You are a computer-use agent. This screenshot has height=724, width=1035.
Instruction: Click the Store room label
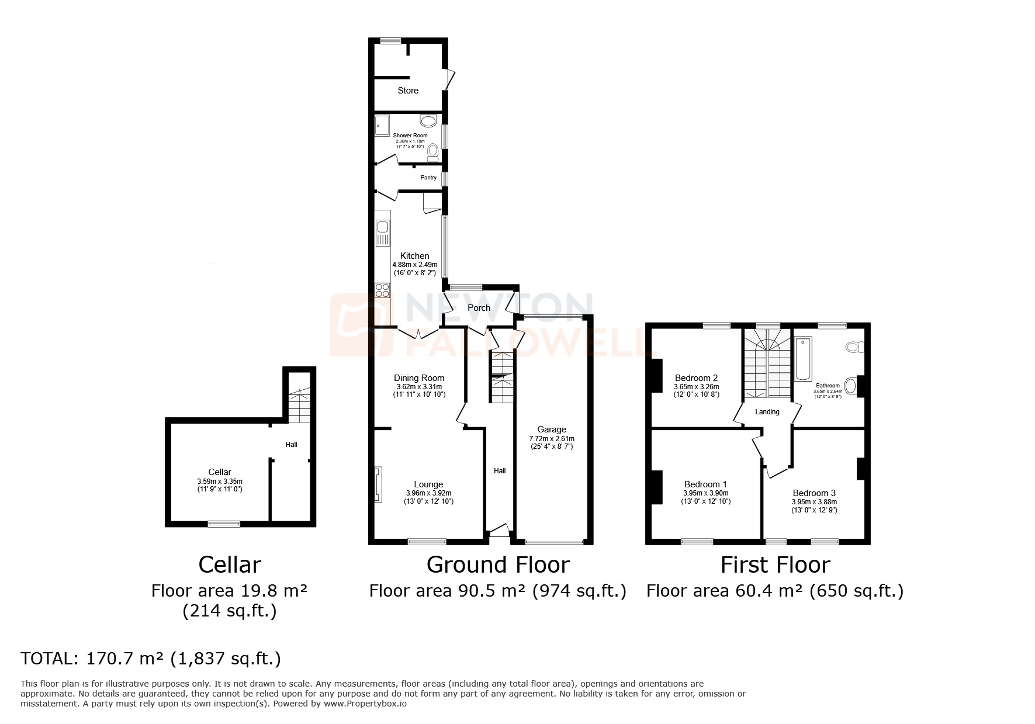[x=408, y=91]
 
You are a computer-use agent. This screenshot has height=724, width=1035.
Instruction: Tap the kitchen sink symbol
[x=383, y=233]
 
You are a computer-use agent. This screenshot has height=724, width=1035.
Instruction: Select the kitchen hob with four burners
[x=382, y=290]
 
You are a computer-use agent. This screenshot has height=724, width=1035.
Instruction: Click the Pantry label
[x=428, y=178]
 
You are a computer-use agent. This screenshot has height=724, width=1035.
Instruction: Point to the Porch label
[x=479, y=308]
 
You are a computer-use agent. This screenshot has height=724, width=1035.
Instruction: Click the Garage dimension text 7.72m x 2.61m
[x=552, y=439]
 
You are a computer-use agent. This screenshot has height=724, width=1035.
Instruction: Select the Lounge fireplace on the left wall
[x=378, y=484]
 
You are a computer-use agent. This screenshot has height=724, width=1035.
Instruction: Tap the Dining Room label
[x=419, y=378]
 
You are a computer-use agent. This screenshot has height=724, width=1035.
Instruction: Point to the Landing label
[x=767, y=412]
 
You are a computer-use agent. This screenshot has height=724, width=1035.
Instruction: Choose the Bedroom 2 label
[x=696, y=378]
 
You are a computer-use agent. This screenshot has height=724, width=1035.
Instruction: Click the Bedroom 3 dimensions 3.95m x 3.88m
[x=814, y=502]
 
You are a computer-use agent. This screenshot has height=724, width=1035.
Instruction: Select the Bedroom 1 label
[x=705, y=484]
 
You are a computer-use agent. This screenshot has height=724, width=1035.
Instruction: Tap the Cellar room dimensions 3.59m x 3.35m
[x=220, y=481]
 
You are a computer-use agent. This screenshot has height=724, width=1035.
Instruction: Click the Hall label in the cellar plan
[x=291, y=445]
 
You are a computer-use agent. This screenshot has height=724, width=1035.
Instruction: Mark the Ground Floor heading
[x=497, y=565]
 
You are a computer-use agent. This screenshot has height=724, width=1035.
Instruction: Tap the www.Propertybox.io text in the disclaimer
[x=365, y=704]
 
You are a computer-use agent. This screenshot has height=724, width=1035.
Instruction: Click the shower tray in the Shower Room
[x=382, y=124]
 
